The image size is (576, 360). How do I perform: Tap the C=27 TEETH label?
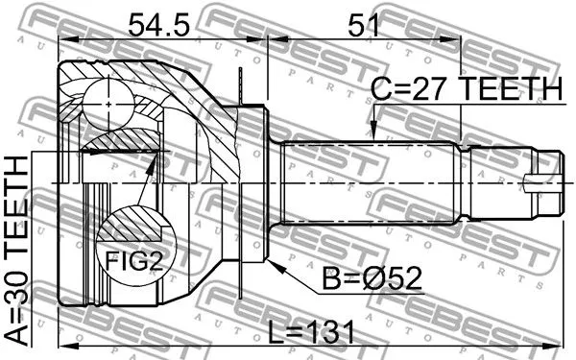(x=466, y=89)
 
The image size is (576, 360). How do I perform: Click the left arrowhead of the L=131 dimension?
(x=62, y=344)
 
